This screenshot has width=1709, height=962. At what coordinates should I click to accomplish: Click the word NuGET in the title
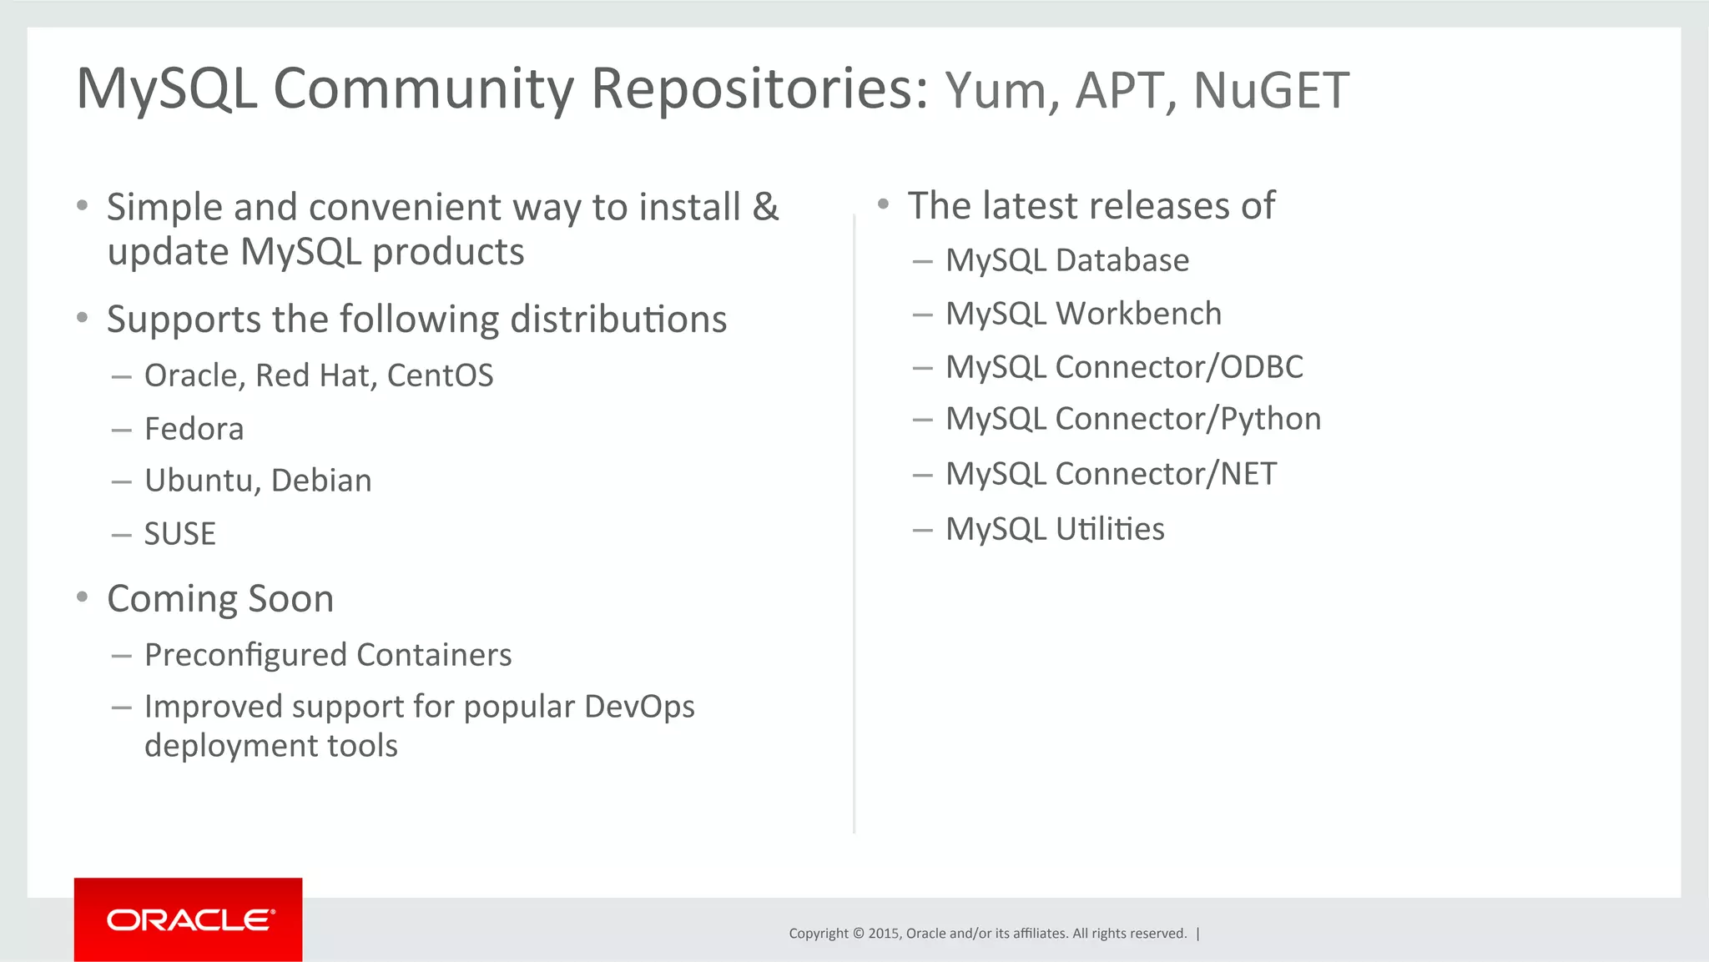coord(1271,90)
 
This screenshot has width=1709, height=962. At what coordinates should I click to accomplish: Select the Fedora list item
coord(194,429)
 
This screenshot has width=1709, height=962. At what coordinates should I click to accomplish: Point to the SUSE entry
coord(179,534)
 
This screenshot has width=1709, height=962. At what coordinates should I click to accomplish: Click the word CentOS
coord(440,375)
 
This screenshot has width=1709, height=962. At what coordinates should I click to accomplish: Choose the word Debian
coord(321,481)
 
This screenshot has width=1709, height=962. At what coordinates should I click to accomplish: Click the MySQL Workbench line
coord(1082,314)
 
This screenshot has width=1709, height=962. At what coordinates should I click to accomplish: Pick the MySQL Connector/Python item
coord(1132,419)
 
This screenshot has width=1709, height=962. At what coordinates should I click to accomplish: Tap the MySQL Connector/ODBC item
coord(1123,367)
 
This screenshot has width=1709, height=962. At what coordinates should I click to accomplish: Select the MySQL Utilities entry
coord(1054,529)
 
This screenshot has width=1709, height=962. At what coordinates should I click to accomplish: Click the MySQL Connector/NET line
coord(1110,474)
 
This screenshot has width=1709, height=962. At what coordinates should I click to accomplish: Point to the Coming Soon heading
coord(220,599)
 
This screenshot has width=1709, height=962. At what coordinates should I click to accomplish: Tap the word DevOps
coord(638,707)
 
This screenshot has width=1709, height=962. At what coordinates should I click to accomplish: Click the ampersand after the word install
coord(765,207)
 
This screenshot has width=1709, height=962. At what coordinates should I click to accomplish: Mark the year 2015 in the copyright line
coord(883,934)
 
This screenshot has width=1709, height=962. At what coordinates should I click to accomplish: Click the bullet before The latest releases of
coord(884,204)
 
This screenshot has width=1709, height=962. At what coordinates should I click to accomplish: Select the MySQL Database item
coord(1066,260)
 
